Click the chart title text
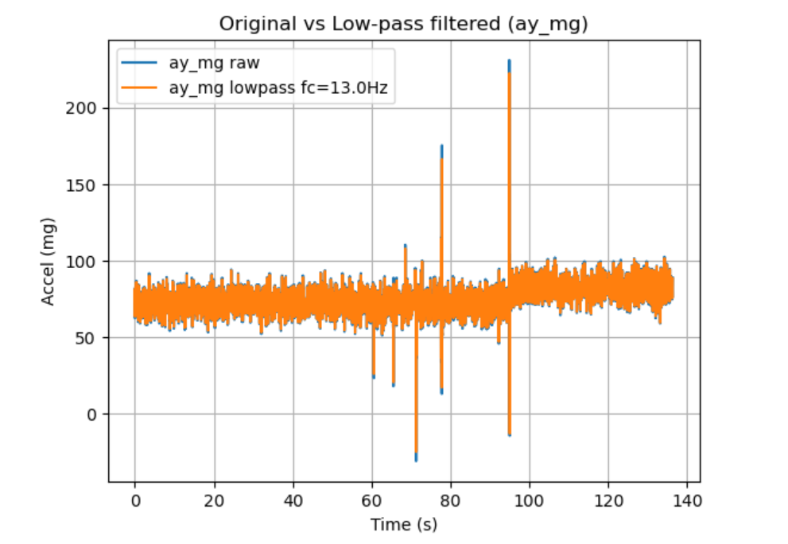pyautogui.click(x=403, y=25)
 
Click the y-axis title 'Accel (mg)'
pyautogui.click(x=49, y=261)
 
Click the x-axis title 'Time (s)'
pyautogui.click(x=403, y=525)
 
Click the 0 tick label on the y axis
pyautogui.click(x=91, y=414)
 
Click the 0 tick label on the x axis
pyautogui.click(x=135, y=503)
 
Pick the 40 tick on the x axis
pyautogui.click(x=293, y=503)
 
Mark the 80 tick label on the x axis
pyautogui.click(x=451, y=503)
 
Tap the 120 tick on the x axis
pyautogui.click(x=608, y=503)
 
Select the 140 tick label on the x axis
pyautogui.click(x=687, y=503)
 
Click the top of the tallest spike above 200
pyautogui.click(x=509, y=61)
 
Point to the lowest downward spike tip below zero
pyautogui.click(x=416, y=459)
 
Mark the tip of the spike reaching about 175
pyautogui.click(x=441, y=147)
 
